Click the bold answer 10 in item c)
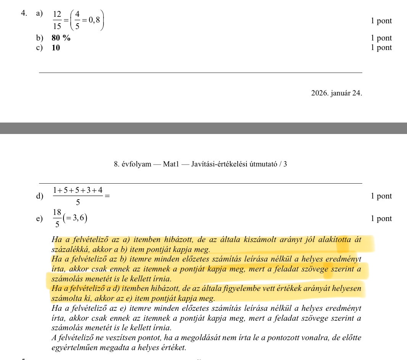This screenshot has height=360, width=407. click(56, 48)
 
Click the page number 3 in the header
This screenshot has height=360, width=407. click(285, 165)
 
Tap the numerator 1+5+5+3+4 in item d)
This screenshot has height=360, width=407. click(78, 190)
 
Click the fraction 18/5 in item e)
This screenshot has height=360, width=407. click(57, 219)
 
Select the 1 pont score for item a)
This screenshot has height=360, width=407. click(381, 21)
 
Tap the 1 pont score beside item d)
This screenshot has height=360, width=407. click(381, 196)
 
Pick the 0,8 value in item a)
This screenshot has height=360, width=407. click(94, 20)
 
